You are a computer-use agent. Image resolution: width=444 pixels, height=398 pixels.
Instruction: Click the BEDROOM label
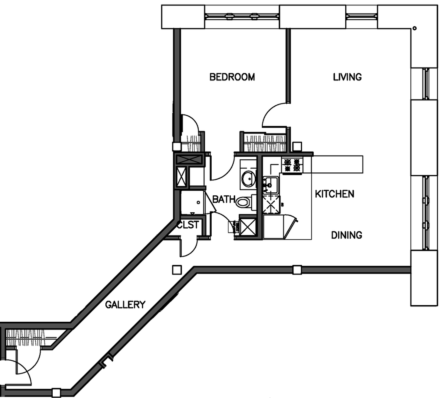tap(232, 77)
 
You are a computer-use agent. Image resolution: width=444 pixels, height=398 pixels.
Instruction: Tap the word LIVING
tap(347, 77)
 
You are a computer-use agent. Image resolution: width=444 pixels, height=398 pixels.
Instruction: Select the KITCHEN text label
tap(334, 194)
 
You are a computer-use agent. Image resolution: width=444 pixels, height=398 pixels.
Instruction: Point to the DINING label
tap(346, 235)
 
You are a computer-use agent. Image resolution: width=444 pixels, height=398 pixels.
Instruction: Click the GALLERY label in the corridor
tap(125, 305)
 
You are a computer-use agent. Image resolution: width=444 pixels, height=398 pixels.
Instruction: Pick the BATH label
tap(224, 200)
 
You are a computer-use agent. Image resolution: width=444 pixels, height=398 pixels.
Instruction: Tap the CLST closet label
tap(188, 226)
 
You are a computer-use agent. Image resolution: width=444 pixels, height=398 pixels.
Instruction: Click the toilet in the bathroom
tap(244, 203)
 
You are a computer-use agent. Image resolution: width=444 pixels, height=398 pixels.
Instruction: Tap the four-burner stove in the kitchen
tap(292, 165)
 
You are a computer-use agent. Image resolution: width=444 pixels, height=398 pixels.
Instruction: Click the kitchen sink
tap(270, 183)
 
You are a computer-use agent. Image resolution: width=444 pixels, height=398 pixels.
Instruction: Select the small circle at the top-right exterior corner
tap(414, 29)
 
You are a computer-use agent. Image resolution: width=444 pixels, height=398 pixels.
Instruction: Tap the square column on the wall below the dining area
tap(297, 270)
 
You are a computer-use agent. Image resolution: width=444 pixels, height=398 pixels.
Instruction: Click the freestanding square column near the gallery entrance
tap(177, 270)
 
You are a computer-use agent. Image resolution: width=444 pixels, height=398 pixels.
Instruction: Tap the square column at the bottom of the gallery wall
tap(56, 392)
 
